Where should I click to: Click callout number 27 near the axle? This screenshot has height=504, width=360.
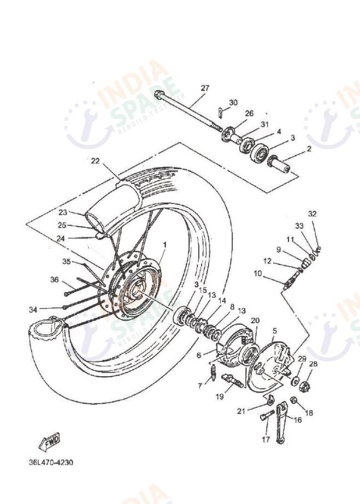pos(204,88)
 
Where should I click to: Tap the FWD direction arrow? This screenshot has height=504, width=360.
pos(50,441)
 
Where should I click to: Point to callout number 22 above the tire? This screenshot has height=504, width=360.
pos(96,161)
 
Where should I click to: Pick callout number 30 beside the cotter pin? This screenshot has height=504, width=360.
pos(233,102)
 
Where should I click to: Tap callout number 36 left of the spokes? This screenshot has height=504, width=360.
pos(54,280)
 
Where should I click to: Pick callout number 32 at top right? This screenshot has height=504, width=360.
pos(312,214)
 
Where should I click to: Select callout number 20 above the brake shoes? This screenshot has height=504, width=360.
pos(255,320)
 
